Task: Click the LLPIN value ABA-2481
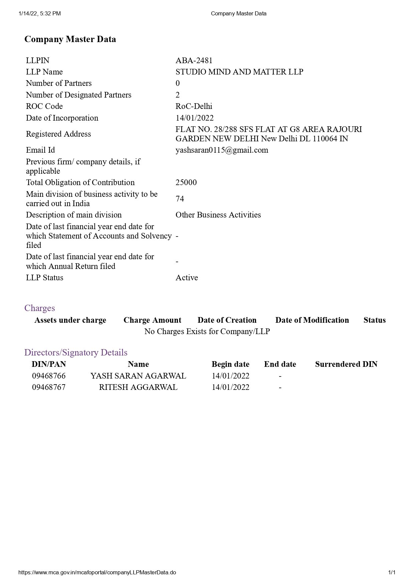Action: [x=194, y=60]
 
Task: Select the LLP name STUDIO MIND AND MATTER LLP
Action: [x=239, y=72]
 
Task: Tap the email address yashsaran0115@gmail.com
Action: [x=222, y=150]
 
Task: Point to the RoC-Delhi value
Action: [x=194, y=106]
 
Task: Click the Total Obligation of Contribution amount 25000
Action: [x=186, y=182]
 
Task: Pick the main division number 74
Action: [x=180, y=199]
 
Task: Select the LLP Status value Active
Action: [x=187, y=278]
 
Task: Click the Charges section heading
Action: [x=39, y=308]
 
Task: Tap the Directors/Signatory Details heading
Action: [x=76, y=352]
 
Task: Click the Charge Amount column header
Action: [x=152, y=320]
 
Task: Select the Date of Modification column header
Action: [x=312, y=320]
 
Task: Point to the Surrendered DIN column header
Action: [x=346, y=364]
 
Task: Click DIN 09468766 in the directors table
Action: [x=49, y=376]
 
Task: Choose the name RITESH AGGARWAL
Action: [x=138, y=387]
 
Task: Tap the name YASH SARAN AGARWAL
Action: [x=138, y=376]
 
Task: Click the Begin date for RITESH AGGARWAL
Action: [x=230, y=387]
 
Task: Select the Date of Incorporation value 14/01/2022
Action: [x=194, y=118]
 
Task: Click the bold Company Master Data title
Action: [x=70, y=39]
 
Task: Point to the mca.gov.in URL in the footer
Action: [x=97, y=572]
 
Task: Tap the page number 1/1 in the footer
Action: [x=392, y=572]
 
